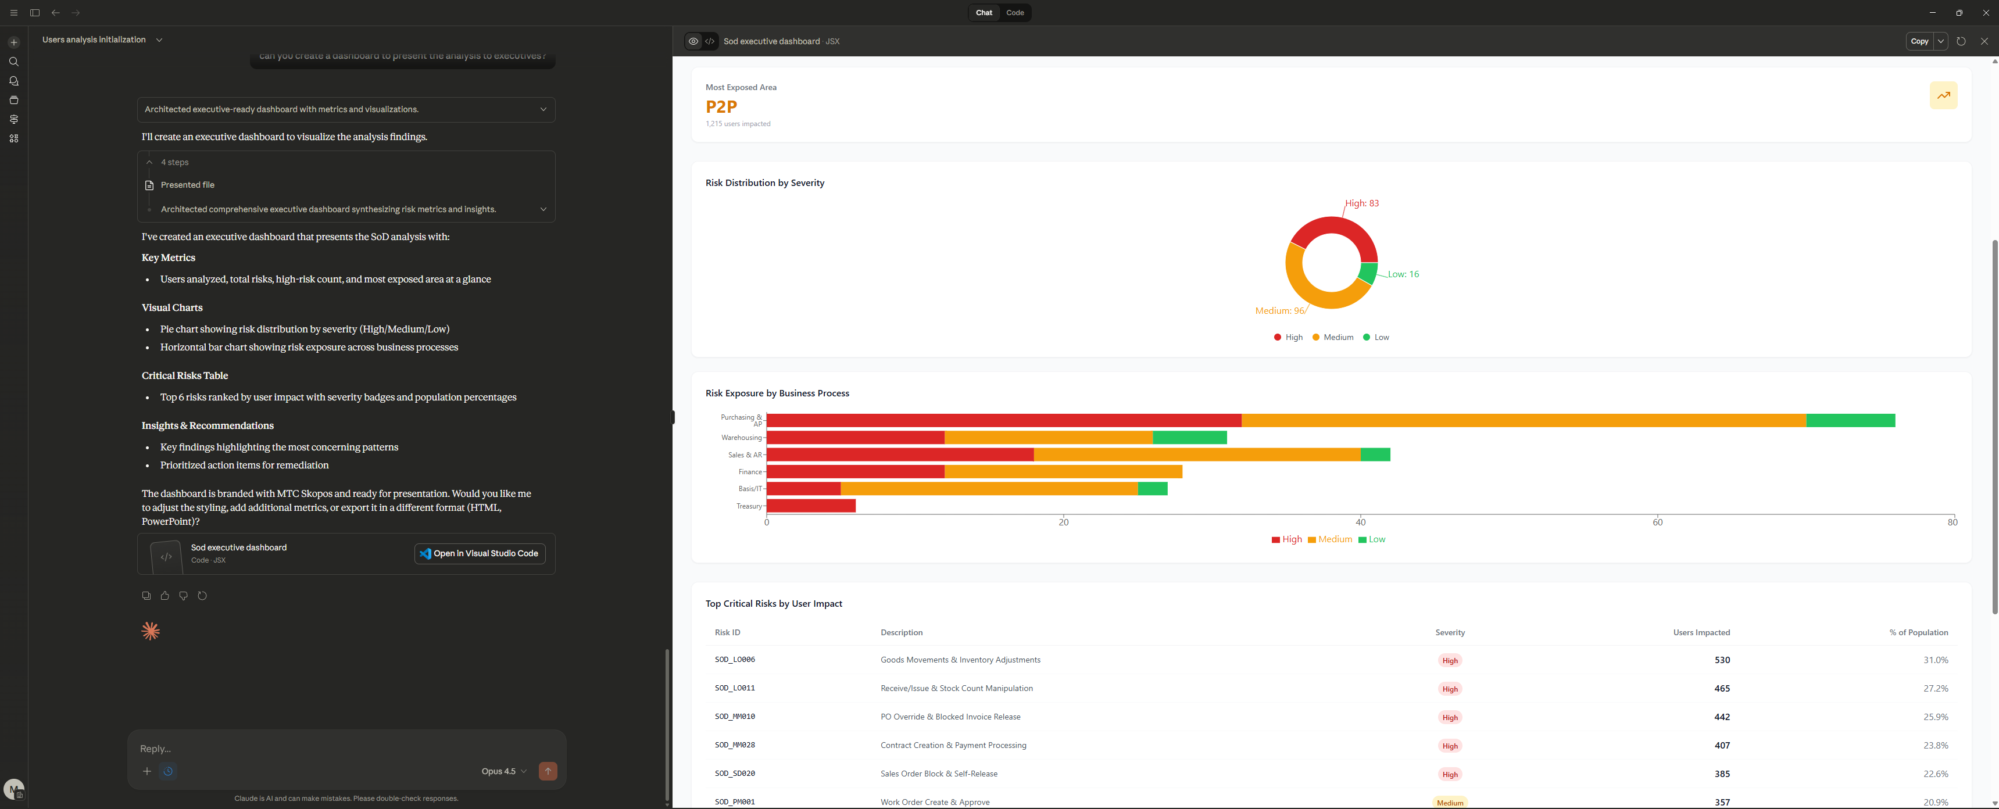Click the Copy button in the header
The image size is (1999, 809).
tap(1918, 41)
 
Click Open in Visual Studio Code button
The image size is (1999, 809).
tap(480, 554)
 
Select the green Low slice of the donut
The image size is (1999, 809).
tap(1367, 273)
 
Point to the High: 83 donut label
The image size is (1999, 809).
tap(1362, 203)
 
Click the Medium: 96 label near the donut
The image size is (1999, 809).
tap(1279, 311)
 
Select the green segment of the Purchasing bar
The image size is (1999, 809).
tap(1850, 420)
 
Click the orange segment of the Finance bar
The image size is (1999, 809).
tap(1063, 471)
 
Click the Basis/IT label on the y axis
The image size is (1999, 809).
tap(750, 489)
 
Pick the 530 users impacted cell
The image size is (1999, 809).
tap(1721, 660)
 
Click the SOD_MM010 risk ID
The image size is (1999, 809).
tap(734, 717)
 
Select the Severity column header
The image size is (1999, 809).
tap(1450, 633)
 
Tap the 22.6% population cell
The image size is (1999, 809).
tap(1936, 774)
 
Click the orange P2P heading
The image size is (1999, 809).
tap(721, 107)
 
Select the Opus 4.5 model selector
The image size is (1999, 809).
tap(503, 772)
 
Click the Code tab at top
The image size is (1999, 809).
tap(1014, 12)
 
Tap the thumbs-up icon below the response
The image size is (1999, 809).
tap(165, 596)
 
